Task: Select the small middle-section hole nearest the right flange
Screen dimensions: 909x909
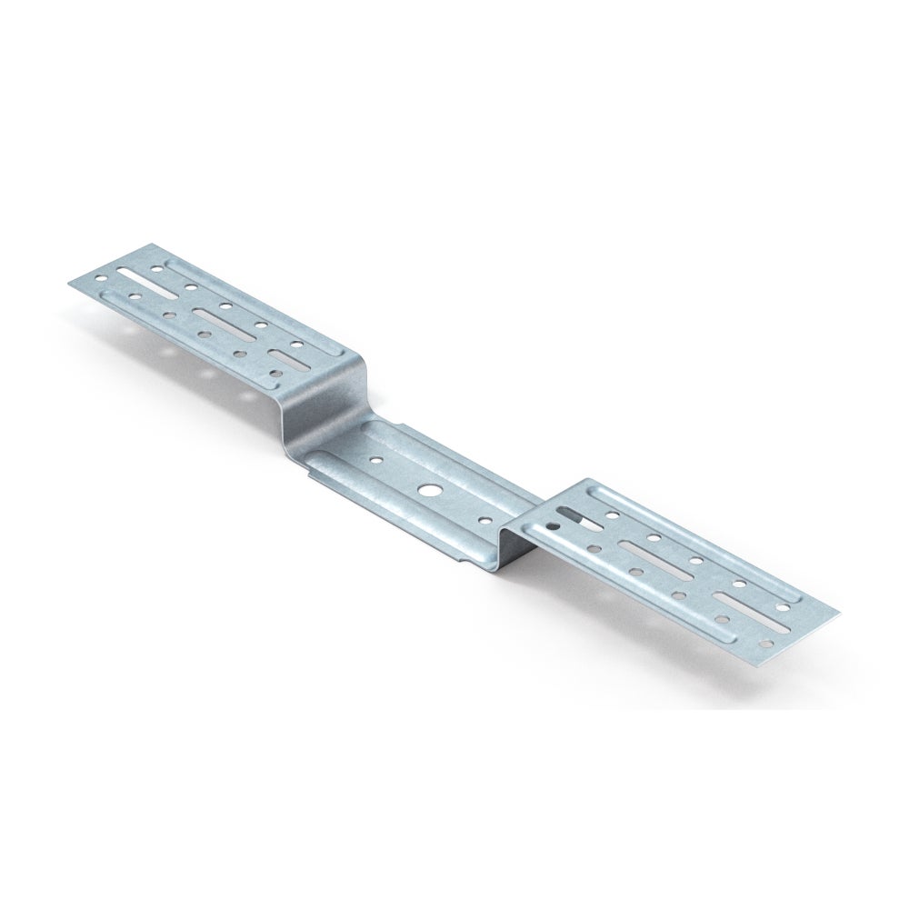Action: pos(483,521)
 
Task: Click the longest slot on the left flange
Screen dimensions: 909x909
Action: pos(135,276)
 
